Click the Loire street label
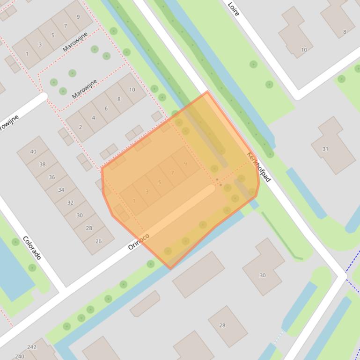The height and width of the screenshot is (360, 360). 233,8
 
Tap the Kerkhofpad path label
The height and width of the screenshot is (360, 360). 258,167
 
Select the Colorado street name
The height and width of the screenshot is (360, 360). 32,248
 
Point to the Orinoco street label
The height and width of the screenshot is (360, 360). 139,241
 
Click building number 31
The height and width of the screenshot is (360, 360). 325,149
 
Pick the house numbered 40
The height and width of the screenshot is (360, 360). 33,151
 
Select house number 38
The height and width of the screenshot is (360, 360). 43,164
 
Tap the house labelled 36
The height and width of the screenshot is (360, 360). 52,177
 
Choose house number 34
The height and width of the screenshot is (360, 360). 61,190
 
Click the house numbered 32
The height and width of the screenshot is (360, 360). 70,202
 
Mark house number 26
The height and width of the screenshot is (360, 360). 98,241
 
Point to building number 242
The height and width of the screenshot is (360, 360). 32,347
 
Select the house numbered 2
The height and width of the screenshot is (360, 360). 80,127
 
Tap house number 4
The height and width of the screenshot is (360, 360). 93,117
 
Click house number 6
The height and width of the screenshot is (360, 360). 106,108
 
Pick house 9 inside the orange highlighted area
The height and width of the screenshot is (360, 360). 186,163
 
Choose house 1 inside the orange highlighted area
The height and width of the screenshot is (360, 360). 134,201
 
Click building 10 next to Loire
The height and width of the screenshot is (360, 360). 304,50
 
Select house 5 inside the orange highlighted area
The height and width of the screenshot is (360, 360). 160,182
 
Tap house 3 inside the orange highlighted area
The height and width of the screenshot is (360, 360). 147,191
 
